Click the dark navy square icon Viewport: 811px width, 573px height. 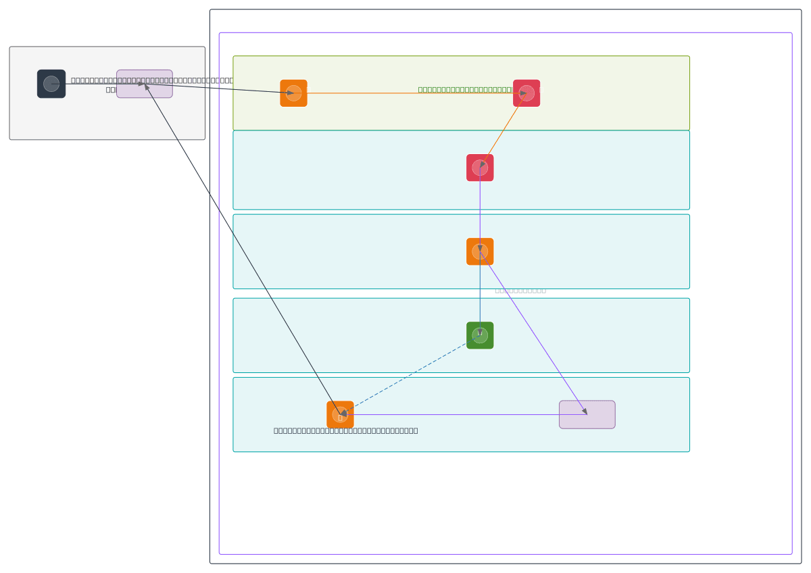(51, 84)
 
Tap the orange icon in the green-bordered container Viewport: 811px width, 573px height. (293, 93)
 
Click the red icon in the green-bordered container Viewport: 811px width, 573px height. (526, 93)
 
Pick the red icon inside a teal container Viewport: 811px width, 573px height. (480, 168)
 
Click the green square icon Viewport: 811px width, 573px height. (480, 335)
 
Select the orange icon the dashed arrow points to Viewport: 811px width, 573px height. (340, 414)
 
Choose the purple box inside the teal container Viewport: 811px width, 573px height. (587, 414)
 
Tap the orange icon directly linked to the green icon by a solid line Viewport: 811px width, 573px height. (480, 251)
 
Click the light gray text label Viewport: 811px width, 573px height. (520, 291)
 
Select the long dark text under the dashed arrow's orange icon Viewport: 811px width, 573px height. (345, 430)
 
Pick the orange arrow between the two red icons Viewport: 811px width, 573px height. (503, 130)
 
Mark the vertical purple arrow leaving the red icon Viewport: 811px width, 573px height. (480, 209)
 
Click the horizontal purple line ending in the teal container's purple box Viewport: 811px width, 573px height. (460, 414)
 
